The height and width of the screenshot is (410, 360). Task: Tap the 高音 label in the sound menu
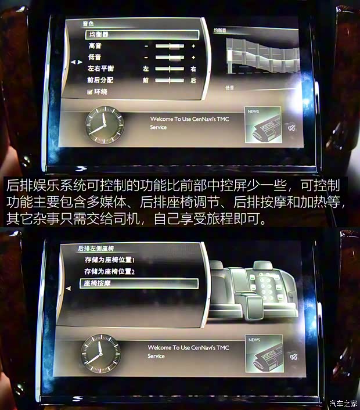[95, 46]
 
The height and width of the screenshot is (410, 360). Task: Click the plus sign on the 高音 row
[193, 46]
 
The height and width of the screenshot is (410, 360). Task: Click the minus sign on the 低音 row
[146, 57]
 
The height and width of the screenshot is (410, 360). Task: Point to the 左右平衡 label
[101, 69]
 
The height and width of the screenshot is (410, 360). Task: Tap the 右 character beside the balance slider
[193, 69]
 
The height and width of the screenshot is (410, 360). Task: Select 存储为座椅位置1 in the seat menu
[110, 260]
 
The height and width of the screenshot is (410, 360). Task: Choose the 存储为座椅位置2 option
[110, 271]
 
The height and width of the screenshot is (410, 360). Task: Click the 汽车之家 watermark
[344, 404]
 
